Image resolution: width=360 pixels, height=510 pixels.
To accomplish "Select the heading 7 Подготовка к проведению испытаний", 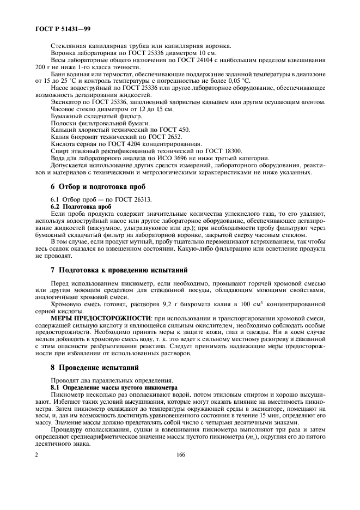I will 119,270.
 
